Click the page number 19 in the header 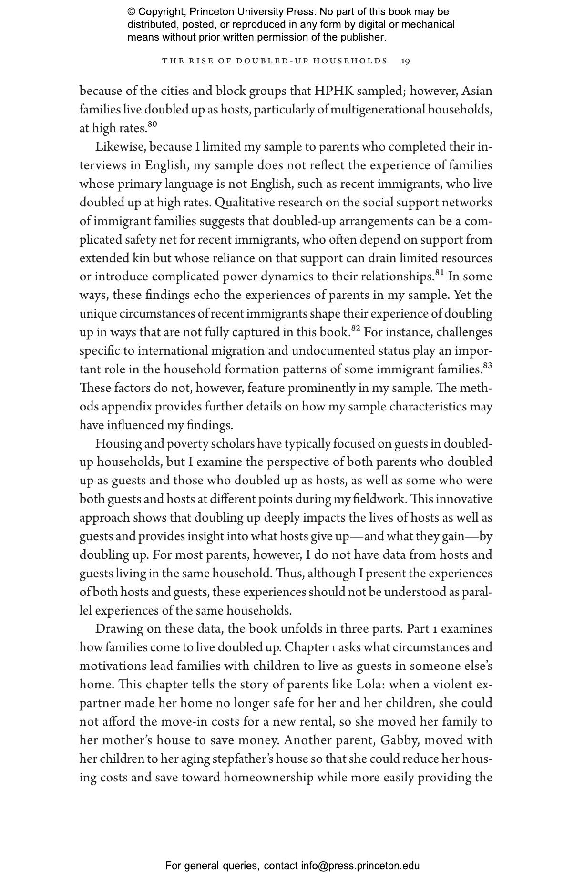[405, 61]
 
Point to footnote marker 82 [355, 328]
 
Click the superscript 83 [487, 366]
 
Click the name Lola [370, 685]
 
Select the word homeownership [268, 778]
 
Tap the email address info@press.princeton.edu [360, 866]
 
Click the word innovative [464, 499]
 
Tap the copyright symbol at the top [132, 12]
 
